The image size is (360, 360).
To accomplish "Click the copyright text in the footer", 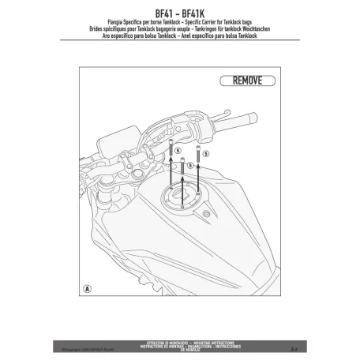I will pos(92,344).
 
